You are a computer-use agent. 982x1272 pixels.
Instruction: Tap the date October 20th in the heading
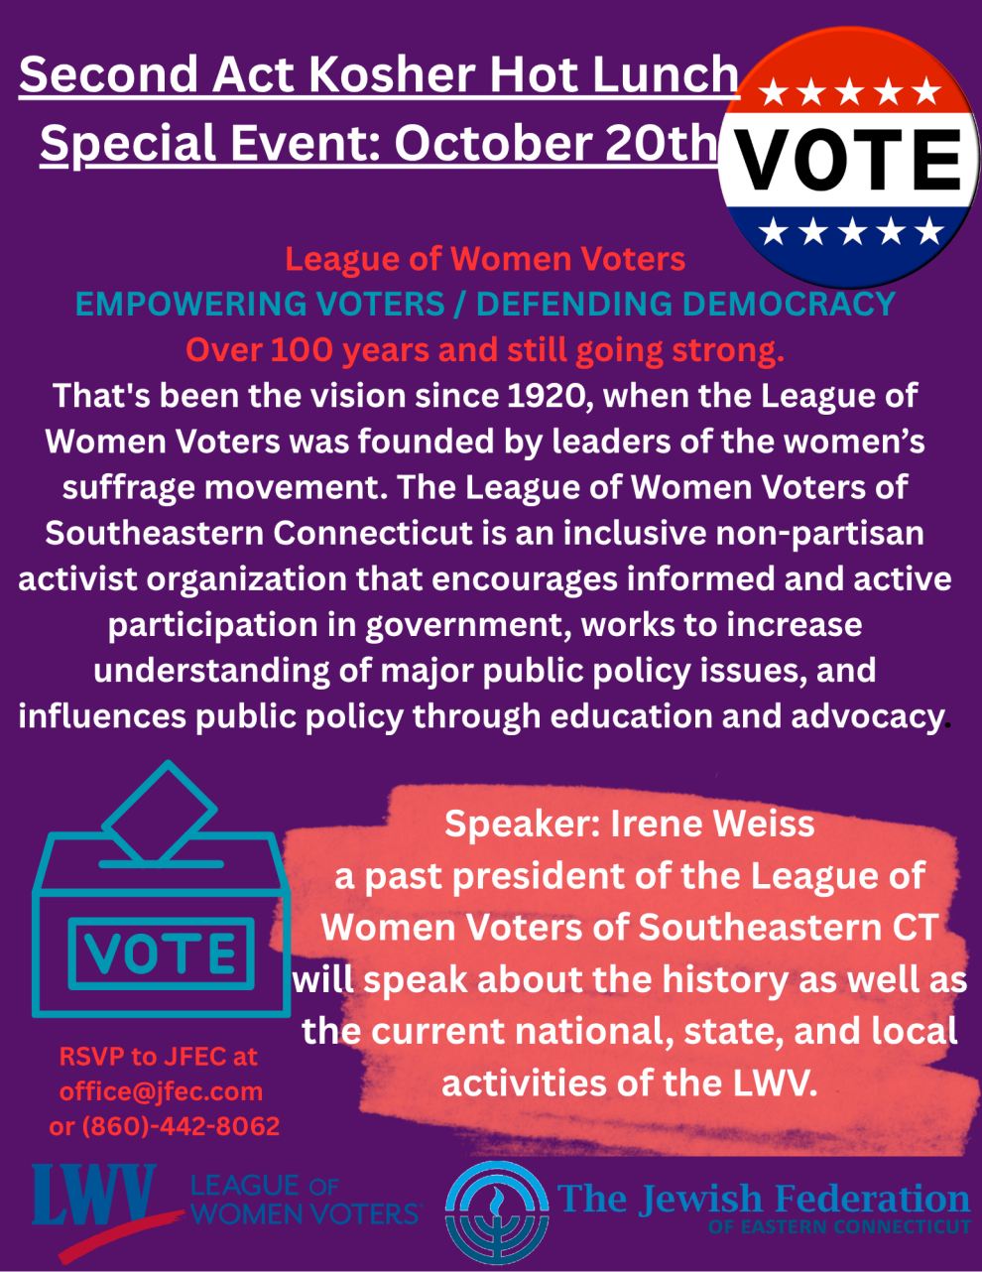[555, 144]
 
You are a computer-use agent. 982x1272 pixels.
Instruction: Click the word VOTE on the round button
[848, 160]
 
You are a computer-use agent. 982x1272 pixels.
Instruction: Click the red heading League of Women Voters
[485, 259]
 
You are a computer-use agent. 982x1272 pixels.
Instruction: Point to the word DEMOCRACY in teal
[789, 304]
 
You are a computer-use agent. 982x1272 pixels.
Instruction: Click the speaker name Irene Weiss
[712, 824]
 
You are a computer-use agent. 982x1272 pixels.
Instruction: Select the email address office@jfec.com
[161, 1091]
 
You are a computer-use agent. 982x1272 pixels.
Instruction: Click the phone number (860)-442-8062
[181, 1126]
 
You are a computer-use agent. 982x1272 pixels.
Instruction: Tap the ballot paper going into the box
[159, 812]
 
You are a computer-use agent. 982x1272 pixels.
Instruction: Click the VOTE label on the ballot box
[161, 954]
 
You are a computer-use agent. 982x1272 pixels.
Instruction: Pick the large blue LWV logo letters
[93, 1195]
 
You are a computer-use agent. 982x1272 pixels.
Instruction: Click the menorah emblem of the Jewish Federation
[497, 1212]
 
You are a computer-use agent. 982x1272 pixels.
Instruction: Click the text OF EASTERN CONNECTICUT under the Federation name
[839, 1226]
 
